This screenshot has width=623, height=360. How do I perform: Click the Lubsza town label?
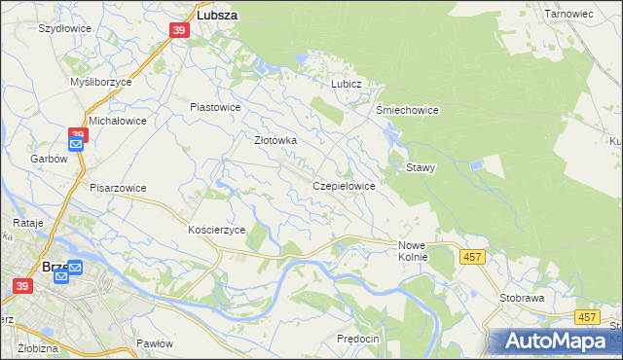coord(218,16)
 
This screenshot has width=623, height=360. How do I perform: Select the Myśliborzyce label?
coord(101,83)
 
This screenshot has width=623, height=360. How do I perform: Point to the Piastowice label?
coord(215,107)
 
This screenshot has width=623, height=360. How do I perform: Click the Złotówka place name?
coord(275,140)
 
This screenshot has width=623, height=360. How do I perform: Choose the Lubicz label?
coord(346,85)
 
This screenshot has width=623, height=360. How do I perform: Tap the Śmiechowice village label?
coord(408,110)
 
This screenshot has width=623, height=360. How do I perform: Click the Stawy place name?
coord(421,167)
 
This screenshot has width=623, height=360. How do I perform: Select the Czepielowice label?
coord(345,185)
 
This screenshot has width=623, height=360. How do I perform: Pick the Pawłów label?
coord(155,343)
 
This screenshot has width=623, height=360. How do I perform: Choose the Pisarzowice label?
coord(118,188)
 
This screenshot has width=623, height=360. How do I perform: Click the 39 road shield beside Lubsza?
coord(178,31)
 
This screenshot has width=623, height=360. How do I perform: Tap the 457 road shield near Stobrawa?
coord(586,317)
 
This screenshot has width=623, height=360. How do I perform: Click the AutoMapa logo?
coord(555,342)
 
